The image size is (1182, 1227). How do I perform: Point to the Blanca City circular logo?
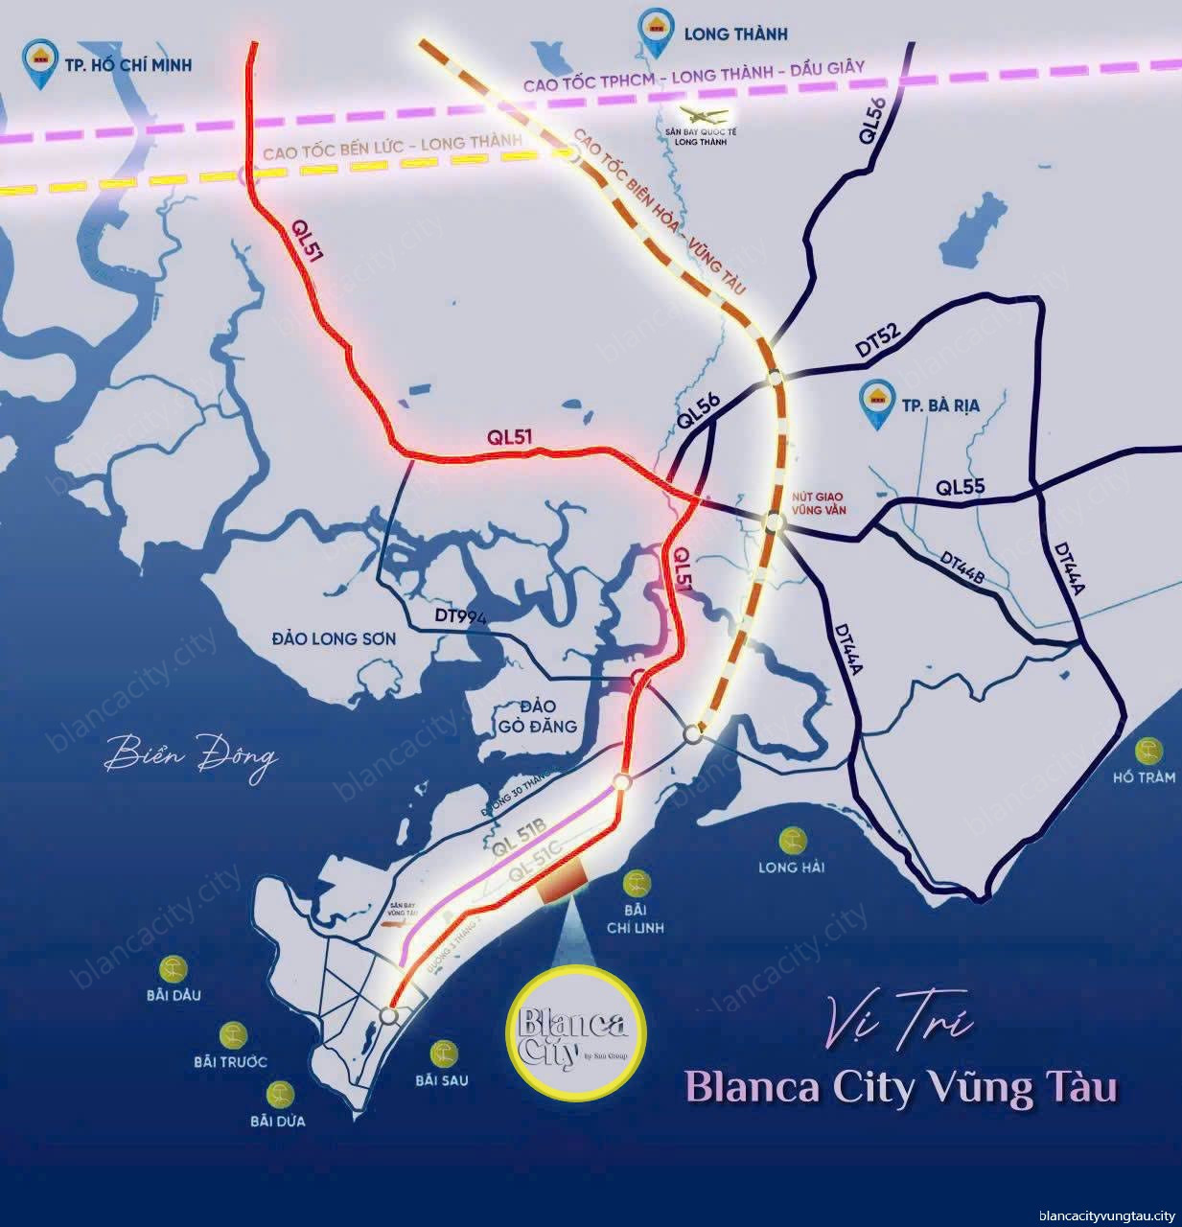(573, 1033)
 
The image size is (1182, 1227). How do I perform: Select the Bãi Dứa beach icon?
(279, 1094)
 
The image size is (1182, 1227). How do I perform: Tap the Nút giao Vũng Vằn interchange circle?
(775, 522)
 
